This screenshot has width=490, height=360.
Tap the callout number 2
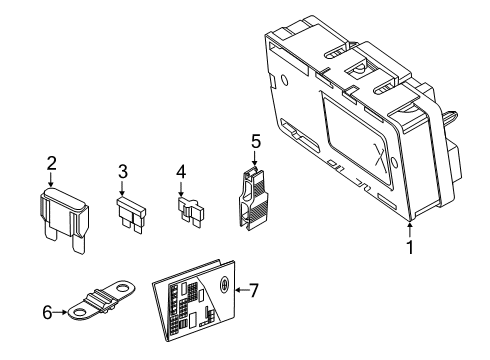click(x=51, y=164)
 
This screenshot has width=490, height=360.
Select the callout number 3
click(x=123, y=171)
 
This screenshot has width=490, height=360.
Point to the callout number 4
click(x=181, y=171)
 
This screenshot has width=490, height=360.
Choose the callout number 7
click(x=253, y=291)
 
